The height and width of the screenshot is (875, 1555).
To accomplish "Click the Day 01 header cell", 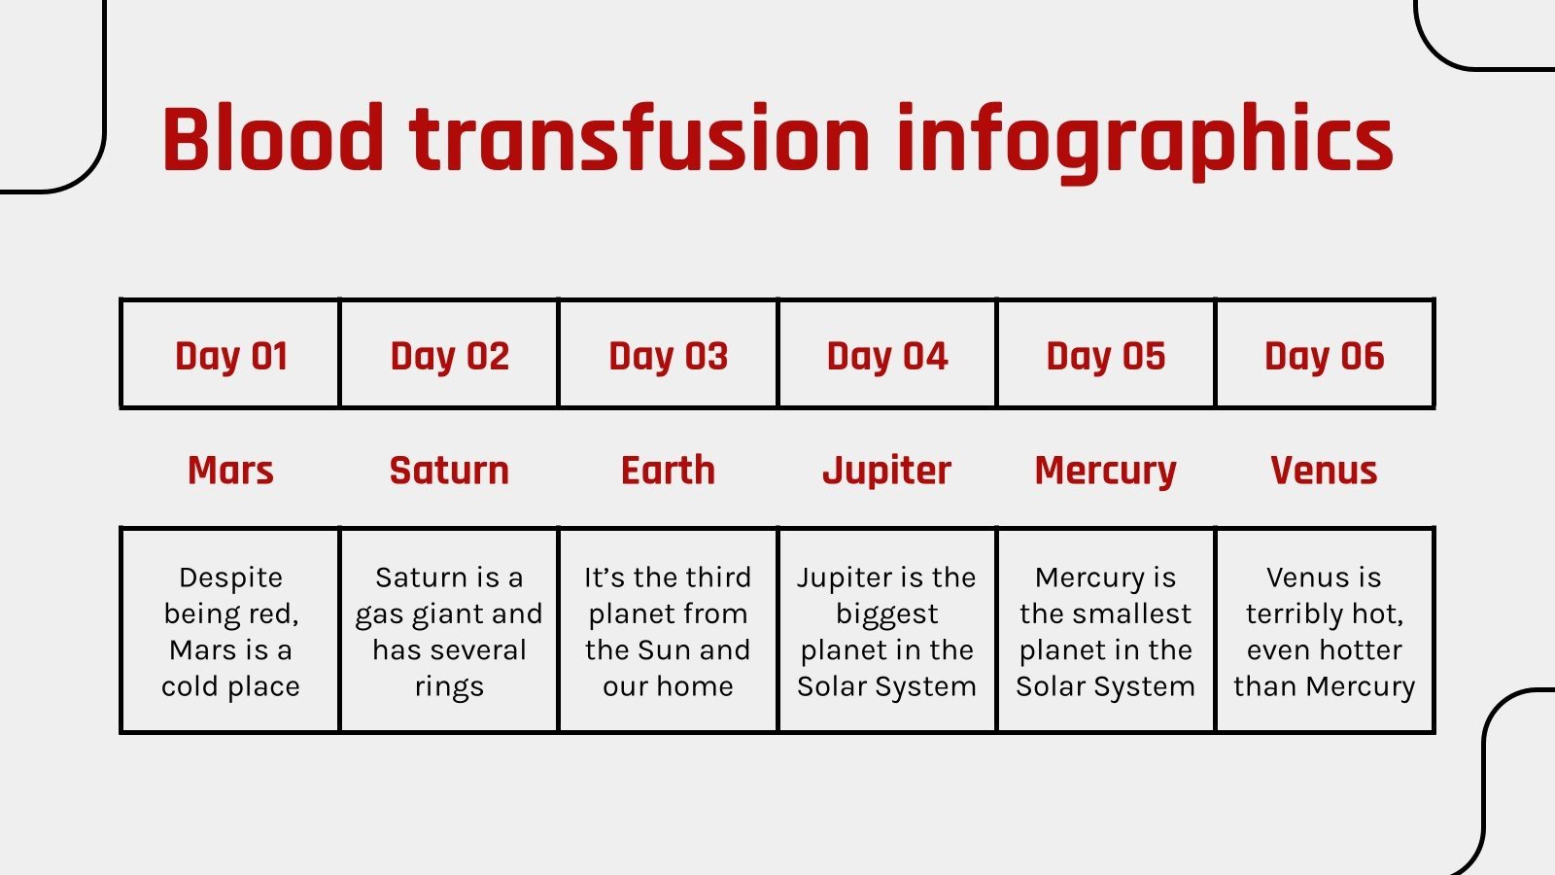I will coord(231,356).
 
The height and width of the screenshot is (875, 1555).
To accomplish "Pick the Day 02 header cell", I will coord(449,356).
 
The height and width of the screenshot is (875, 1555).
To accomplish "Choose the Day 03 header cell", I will coord(668,356).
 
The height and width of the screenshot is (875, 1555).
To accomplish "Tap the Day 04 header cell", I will coord(886,356).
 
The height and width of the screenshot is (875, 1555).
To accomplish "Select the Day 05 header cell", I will coord(1105,356).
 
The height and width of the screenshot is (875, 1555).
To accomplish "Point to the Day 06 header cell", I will coord(1324,356).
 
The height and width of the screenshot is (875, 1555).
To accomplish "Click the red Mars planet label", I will coord(231,471).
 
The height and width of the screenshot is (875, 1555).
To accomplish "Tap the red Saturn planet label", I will coord(449,471).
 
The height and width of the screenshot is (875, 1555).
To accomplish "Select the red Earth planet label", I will coord(668,471).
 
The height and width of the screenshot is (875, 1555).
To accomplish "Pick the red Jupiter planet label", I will coord(886,472).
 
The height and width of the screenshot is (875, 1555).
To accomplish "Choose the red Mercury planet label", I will coord(1105,472).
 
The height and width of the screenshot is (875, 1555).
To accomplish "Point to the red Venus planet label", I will coord(1324,471).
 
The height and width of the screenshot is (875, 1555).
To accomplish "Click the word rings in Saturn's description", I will coord(449,687).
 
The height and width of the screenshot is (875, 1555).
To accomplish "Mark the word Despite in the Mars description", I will coord(231,577).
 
